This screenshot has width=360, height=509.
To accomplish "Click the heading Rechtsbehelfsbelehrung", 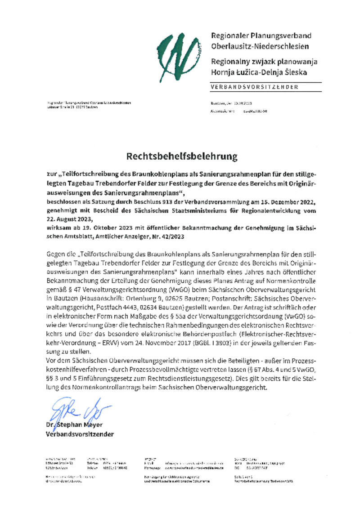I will pos(181,156).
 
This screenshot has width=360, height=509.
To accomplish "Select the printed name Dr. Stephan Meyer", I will pos(74,425).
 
